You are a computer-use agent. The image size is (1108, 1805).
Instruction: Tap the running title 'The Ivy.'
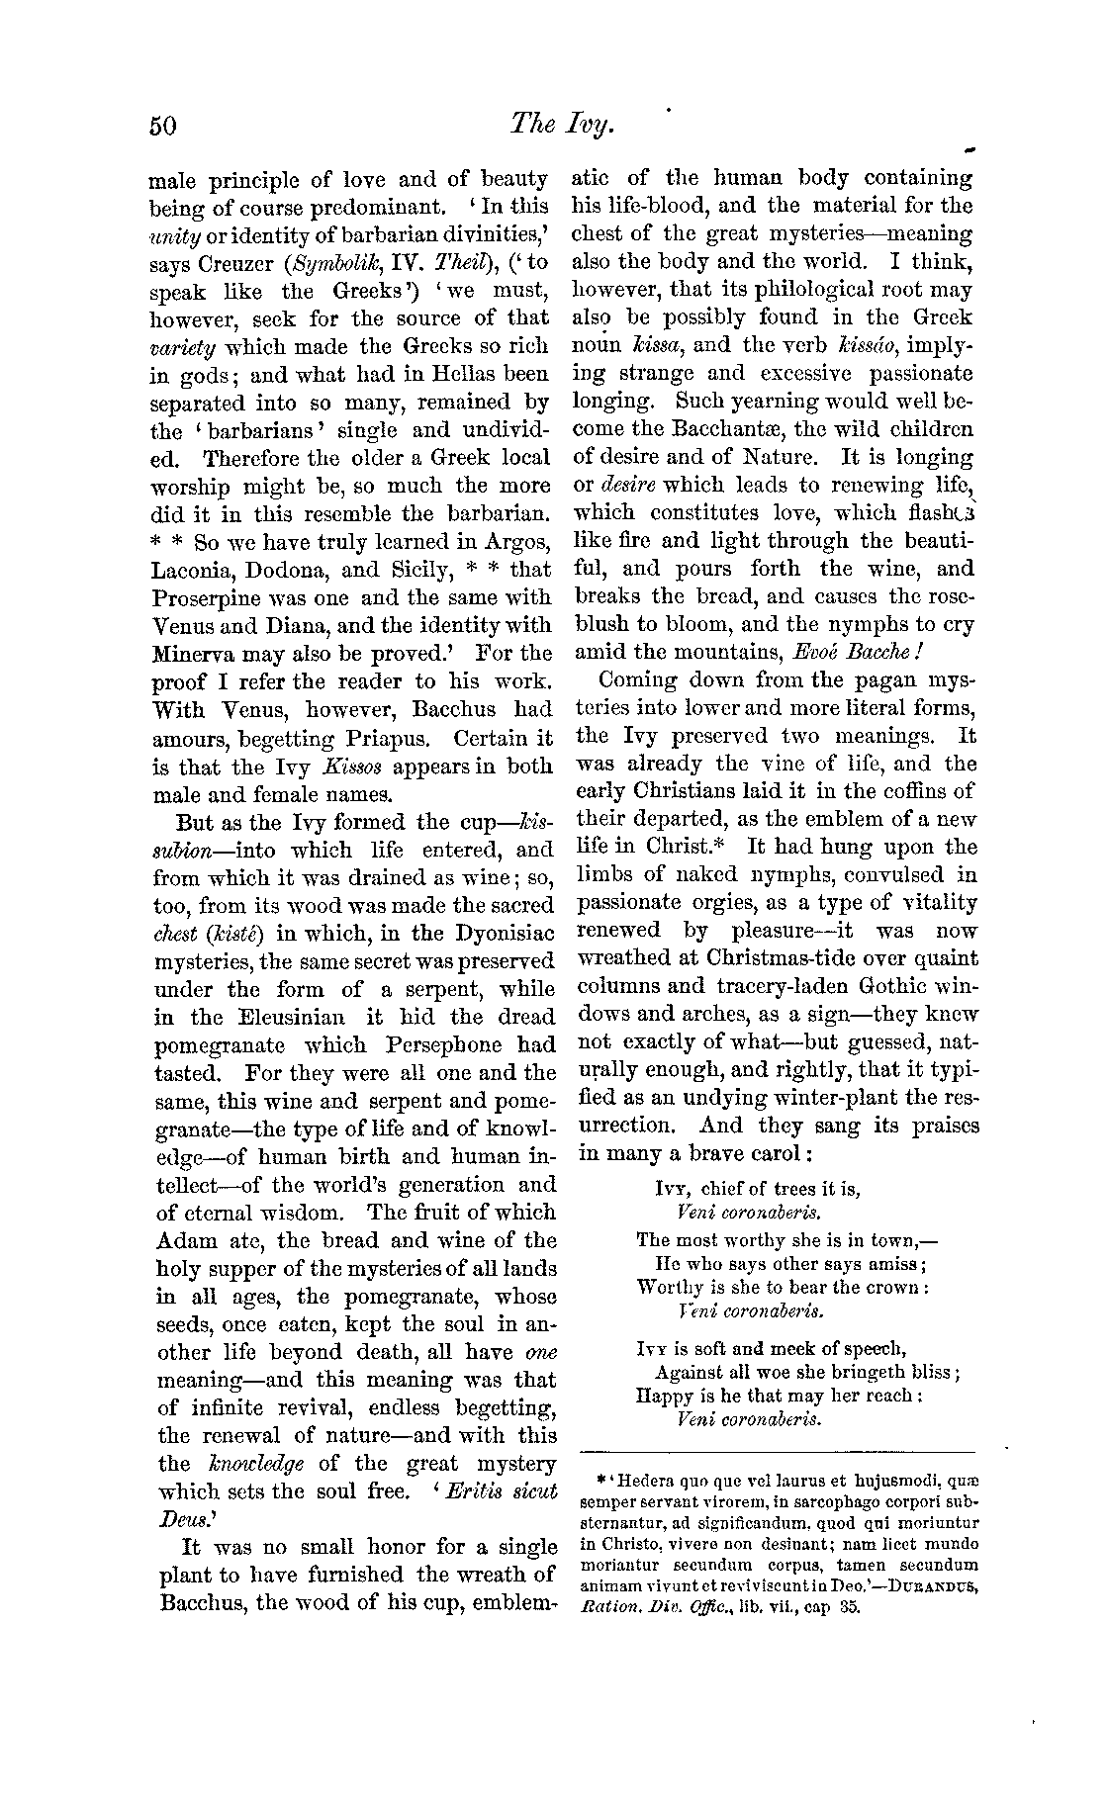(562, 124)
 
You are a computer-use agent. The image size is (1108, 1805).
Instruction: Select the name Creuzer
(235, 264)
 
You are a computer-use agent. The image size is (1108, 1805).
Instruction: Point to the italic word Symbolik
(341, 264)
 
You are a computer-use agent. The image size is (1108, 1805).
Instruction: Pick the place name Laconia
(192, 570)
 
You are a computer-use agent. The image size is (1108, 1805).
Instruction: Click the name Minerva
(195, 654)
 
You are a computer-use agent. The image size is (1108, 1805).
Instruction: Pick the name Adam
(186, 1240)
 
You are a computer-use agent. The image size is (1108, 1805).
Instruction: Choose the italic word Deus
(179, 1519)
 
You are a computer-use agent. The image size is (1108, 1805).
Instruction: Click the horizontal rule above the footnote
(778, 1452)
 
